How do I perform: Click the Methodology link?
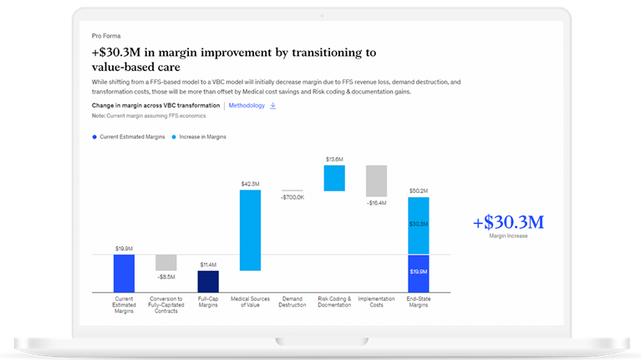pos(247,106)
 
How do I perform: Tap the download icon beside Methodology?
pos(273,106)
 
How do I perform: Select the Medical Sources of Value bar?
pos(250,230)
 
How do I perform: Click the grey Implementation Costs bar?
pos(376,180)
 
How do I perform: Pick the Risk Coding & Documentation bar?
pos(334,178)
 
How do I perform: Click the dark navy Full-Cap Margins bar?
pos(208,281)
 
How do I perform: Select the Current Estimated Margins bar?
pos(124,273)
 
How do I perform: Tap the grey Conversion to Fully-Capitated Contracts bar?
pos(166,262)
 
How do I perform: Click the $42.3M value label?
pos(250,184)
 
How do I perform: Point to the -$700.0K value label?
pos(293,197)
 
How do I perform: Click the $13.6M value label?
pos(334,159)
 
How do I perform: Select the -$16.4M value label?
pos(376,203)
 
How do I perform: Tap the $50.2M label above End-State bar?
pos(419,190)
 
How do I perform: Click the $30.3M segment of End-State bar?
pos(419,225)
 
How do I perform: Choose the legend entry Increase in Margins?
pos(199,136)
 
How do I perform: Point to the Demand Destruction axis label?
pos(293,302)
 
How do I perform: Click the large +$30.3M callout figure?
pos(508,222)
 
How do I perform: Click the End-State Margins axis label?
pos(419,302)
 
